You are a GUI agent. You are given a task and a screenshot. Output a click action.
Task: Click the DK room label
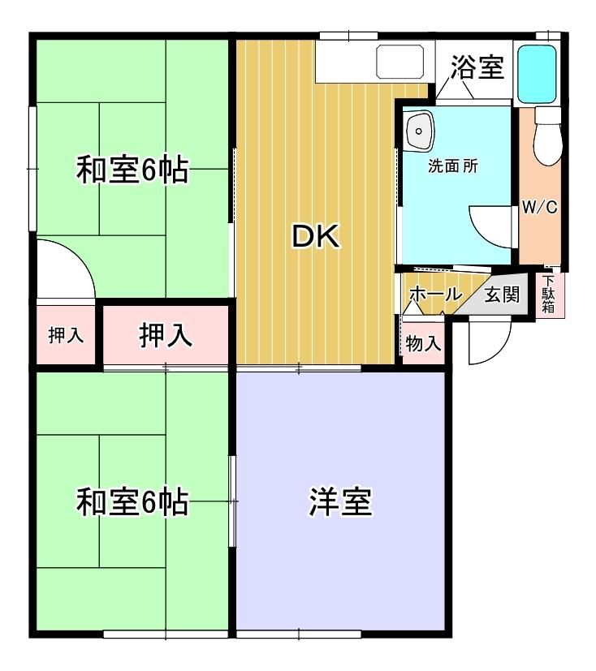pos(316,236)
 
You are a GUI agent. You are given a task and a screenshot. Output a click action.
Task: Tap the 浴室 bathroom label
pos(477,67)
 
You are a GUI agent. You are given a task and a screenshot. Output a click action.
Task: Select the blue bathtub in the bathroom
pos(537,74)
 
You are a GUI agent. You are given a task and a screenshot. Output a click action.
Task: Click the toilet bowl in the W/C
pos(547,136)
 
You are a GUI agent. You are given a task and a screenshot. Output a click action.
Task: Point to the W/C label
pos(540,208)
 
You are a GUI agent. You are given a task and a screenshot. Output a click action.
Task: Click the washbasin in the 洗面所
pos(419,130)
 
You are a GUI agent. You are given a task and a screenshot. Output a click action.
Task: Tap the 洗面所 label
pos(453,166)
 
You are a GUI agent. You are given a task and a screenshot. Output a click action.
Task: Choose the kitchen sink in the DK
pos(399,62)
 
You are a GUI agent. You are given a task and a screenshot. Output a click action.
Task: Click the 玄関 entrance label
pos(502,295)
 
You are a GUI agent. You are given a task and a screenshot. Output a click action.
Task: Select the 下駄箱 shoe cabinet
pos(550,295)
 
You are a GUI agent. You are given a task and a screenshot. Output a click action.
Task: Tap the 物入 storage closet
pos(423,344)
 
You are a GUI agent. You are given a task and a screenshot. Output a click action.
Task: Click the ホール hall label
pos(436,294)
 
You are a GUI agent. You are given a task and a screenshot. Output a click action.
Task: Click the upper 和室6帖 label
pos(132,170)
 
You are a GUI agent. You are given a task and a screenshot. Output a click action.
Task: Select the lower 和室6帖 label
pos(132,501)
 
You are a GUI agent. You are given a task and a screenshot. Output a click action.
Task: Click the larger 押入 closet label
pos(166,335)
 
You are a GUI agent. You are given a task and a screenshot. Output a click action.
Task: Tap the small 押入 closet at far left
pos(66,335)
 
